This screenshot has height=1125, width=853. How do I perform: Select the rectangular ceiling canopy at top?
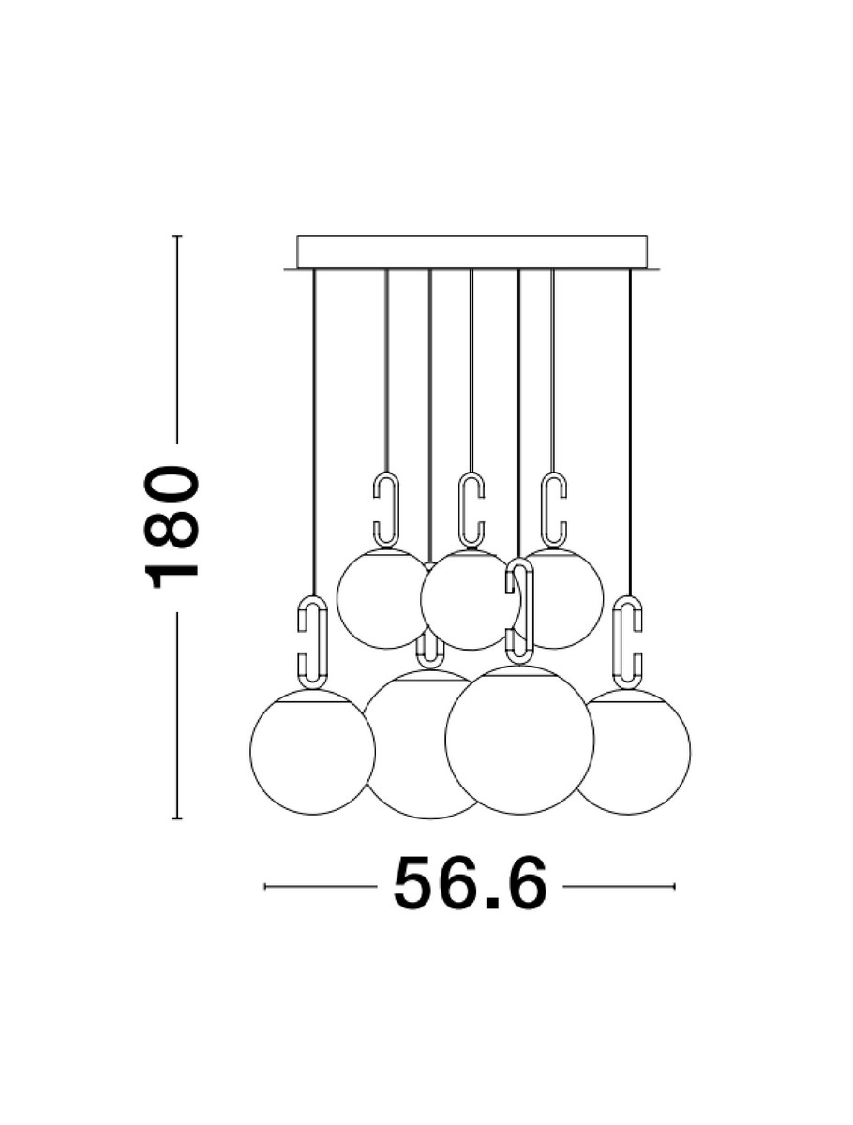(471, 251)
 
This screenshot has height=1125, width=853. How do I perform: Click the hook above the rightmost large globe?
(629, 641)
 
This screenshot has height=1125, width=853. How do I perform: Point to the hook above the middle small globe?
(471, 510)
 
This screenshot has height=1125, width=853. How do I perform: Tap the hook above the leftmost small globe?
(386, 510)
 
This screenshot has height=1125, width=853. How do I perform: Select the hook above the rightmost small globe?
(553, 510)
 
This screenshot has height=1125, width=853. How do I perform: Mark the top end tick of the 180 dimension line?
(176, 236)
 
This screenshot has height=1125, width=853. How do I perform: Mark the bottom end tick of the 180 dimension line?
(176, 818)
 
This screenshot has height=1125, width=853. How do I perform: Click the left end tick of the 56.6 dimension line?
(265, 886)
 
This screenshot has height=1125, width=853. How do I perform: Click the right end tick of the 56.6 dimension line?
(674, 886)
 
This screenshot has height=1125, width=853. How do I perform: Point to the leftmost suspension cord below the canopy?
(313, 422)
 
